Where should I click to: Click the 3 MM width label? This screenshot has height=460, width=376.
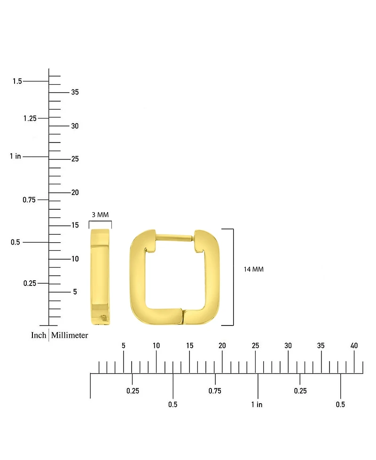point(100,215)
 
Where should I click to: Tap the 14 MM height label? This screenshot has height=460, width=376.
point(253,270)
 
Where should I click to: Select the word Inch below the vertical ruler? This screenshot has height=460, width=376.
point(39,335)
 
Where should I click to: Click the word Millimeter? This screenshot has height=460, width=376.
point(70,335)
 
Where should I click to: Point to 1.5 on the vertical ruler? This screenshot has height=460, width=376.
point(17,81)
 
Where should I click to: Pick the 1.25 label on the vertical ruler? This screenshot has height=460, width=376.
point(30,118)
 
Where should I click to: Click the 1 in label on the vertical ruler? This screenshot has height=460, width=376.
point(16,156)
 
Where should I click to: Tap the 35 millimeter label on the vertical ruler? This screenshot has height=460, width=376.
point(75,92)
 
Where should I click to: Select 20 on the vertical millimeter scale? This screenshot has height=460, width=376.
point(75,192)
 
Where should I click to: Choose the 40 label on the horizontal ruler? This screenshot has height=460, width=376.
point(354,346)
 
